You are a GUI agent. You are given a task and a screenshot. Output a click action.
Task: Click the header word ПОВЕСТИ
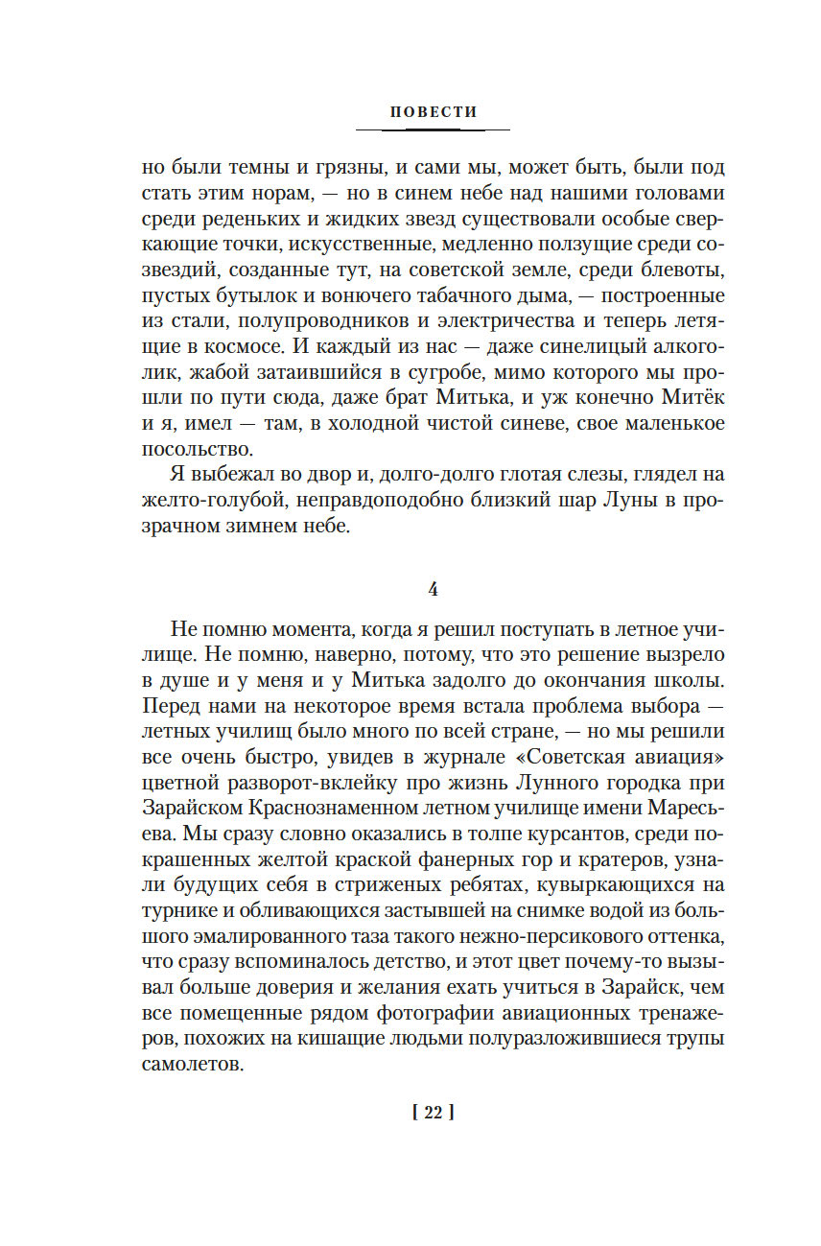[x=433, y=111]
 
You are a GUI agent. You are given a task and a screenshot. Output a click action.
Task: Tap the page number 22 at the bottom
[x=432, y=1113]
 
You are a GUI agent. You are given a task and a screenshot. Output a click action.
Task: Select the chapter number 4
[x=433, y=590]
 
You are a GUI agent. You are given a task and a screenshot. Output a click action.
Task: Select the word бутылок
[x=243, y=294]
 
